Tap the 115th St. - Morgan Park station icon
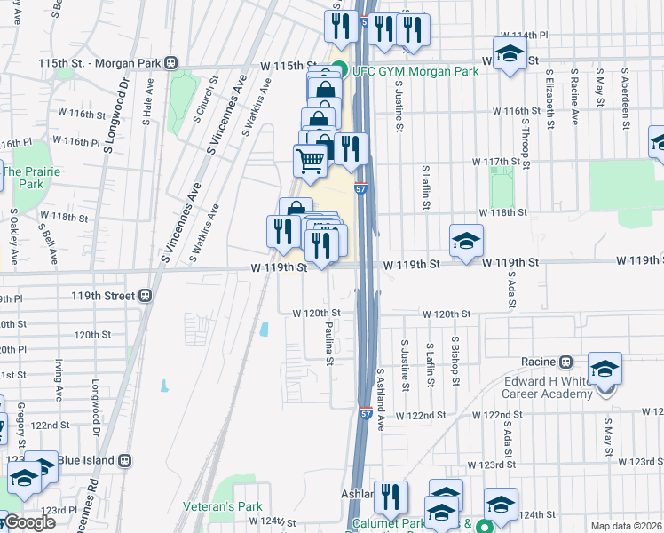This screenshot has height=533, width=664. pyautogui.click(x=170, y=64)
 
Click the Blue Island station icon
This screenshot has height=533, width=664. pyautogui.click(x=124, y=460)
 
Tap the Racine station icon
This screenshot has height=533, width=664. pyautogui.click(x=566, y=362)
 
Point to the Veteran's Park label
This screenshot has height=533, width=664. pyautogui.click(x=222, y=506)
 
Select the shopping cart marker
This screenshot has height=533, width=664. pyautogui.click(x=310, y=162)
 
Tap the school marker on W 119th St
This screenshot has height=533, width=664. pyautogui.click(x=466, y=241)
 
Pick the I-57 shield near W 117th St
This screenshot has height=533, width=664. pyautogui.click(x=361, y=188)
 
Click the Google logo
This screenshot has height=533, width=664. pyautogui.click(x=28, y=522)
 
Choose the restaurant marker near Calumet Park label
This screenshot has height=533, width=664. pyautogui.click(x=390, y=498)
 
